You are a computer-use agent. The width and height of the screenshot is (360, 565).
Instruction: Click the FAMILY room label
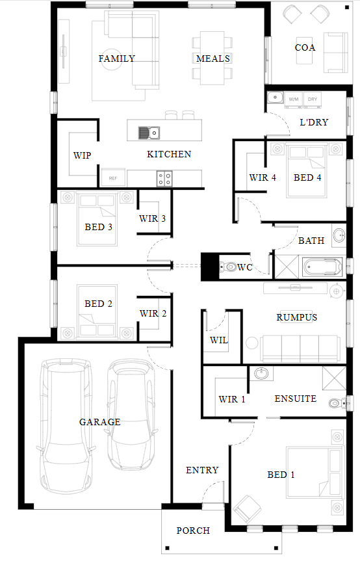tap(116, 59)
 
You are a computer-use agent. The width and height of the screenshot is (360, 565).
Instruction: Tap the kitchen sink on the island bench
tap(149, 133)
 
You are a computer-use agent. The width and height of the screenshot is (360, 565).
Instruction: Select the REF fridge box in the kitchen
tap(113, 178)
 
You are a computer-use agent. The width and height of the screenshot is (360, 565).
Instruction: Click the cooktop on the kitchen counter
tap(164, 178)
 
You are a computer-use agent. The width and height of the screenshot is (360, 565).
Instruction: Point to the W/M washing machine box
tap(294, 99)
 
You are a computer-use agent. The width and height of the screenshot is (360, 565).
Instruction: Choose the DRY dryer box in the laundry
tap(313, 99)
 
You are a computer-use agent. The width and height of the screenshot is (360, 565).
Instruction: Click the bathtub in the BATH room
tap(322, 267)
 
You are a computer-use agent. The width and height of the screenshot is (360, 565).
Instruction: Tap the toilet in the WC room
tap(227, 267)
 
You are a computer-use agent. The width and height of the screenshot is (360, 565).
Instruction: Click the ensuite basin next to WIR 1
tap(261, 373)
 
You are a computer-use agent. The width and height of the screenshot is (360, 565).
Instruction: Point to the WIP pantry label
tap(82, 155)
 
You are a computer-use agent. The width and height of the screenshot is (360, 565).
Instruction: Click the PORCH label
tap(193, 531)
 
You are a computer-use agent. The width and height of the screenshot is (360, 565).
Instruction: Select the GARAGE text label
tap(99, 422)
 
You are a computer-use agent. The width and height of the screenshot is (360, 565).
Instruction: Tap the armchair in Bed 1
tap(248, 509)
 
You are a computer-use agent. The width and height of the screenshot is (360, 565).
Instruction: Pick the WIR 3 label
tap(152, 218)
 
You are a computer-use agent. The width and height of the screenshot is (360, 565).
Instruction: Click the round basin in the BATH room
tap(339, 235)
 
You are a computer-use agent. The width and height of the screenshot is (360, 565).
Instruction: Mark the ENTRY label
tap(202, 470)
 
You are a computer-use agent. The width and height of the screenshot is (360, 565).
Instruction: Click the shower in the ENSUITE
tap(334, 378)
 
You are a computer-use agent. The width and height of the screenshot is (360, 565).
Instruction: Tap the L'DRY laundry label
tap(314, 122)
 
